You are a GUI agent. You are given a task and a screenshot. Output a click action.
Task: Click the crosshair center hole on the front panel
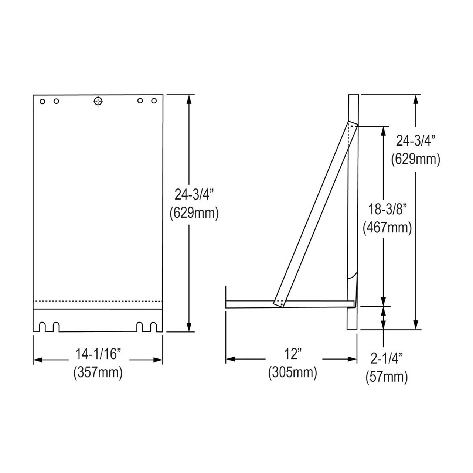[x=98, y=101]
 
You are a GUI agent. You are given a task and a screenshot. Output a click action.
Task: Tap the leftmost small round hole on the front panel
[x=42, y=101]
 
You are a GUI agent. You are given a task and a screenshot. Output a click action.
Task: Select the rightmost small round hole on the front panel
[x=154, y=101]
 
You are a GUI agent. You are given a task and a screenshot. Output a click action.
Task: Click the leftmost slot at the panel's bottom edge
[x=42, y=327]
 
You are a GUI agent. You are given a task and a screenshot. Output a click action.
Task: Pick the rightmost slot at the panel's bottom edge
[x=154, y=327]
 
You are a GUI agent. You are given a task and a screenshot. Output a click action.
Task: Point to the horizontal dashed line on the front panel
[x=98, y=301]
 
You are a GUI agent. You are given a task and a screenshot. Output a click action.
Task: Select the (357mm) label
[x=98, y=372]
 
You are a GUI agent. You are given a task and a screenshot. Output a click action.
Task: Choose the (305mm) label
[x=293, y=372]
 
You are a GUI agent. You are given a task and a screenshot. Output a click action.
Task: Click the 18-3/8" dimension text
[x=387, y=209]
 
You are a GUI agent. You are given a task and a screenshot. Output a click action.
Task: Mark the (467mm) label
[x=387, y=227]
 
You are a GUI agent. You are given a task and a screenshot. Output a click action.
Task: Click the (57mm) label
[x=387, y=377]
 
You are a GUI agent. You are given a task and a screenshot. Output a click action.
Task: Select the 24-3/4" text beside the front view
[x=194, y=194]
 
